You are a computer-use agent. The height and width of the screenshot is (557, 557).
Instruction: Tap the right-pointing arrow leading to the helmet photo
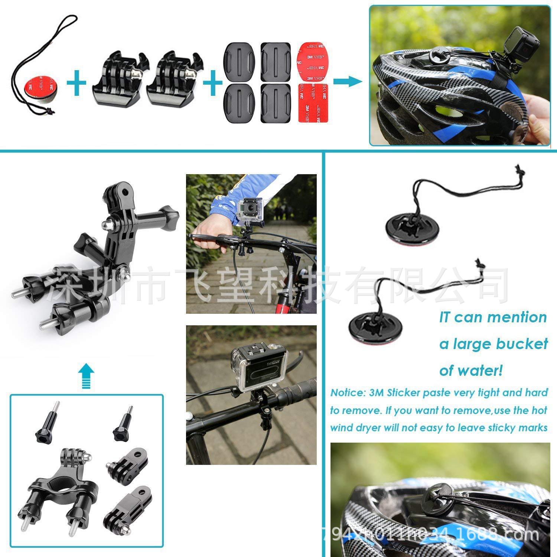347,82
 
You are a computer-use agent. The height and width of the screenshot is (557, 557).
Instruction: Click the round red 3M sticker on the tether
34,82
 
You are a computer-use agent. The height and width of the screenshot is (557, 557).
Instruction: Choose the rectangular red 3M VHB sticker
313,103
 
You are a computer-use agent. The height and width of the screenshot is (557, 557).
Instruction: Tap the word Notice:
348,393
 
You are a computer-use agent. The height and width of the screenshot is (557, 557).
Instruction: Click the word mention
517,317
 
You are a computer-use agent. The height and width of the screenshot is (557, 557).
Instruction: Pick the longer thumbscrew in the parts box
47,422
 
